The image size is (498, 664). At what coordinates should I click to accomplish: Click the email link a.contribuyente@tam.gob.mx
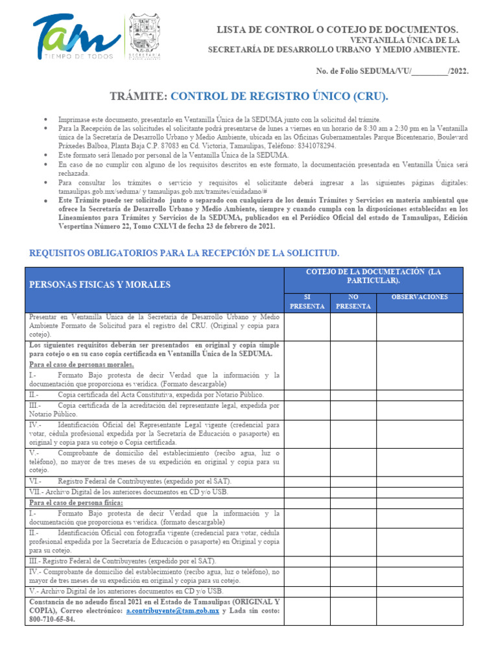[x=172, y=611]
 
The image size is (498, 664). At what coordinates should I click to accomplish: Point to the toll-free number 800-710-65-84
[x=52, y=620]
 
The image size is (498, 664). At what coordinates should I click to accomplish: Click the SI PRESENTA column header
[x=307, y=302]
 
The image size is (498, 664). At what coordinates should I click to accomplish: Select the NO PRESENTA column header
[x=353, y=302]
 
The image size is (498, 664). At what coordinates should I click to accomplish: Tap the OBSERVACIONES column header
[x=420, y=297]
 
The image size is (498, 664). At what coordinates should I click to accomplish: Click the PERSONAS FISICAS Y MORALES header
[x=100, y=284]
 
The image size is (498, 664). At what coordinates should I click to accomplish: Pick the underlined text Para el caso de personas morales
[x=82, y=364]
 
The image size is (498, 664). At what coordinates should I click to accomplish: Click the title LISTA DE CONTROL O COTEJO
[x=337, y=30]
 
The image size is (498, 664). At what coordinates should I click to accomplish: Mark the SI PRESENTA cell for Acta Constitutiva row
[x=307, y=394]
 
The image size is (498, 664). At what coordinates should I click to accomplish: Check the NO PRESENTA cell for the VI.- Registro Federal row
[x=353, y=482]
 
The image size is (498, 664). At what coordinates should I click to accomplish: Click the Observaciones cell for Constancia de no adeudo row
[x=420, y=611]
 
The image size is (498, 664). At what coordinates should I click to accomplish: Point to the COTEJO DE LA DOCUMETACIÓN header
[x=373, y=276]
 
